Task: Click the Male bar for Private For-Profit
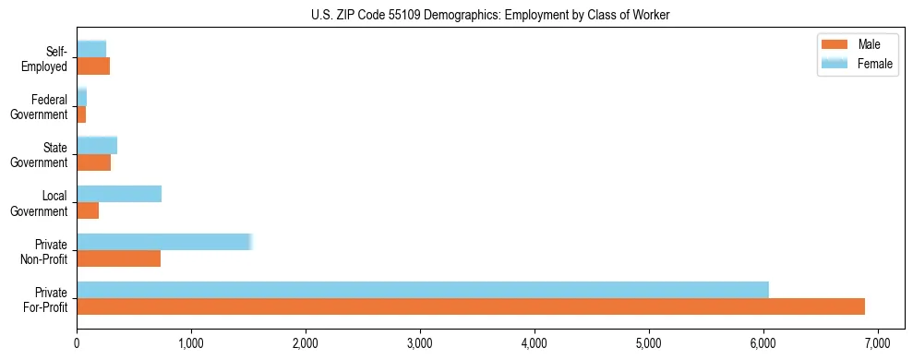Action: coord(471,306)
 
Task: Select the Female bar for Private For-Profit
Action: coord(423,290)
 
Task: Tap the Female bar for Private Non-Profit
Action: coord(164,242)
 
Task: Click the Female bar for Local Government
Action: coord(119,194)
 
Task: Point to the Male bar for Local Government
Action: coord(88,210)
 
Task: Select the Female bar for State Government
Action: coord(97,145)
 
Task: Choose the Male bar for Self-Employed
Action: coord(93,66)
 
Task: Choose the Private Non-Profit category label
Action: coord(46,251)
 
